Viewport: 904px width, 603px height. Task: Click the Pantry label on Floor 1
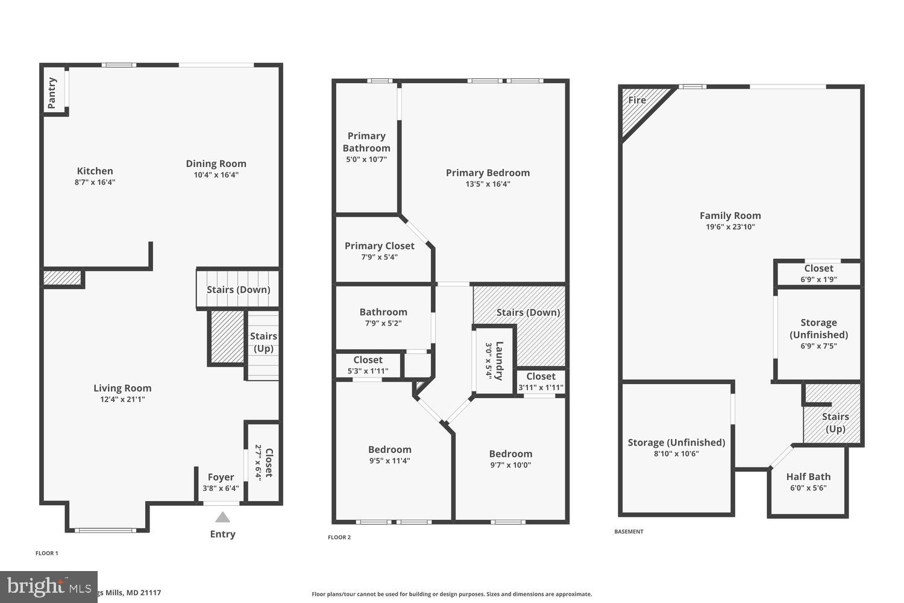[52, 92]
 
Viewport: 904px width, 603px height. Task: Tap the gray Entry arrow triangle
[222, 517]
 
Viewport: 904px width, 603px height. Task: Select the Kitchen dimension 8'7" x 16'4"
[95, 182]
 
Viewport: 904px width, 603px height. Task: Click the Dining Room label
[216, 163]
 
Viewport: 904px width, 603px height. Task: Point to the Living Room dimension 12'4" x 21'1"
[122, 399]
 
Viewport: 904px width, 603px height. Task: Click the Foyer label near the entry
[221, 477]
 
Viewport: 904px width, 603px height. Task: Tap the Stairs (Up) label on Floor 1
[263, 342]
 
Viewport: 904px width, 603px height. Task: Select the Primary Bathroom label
[366, 142]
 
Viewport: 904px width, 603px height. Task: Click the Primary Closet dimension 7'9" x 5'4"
[379, 257]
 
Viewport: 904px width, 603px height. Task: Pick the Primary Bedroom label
[488, 172]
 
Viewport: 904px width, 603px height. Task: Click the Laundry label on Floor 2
[499, 361]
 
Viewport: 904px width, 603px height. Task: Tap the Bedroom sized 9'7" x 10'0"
[510, 459]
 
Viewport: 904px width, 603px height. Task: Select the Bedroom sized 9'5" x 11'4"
[390, 455]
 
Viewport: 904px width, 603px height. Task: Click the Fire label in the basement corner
[637, 100]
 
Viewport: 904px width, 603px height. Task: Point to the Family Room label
[730, 215]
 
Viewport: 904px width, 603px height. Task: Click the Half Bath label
[808, 476]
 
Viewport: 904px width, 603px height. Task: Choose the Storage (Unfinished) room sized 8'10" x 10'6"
[676, 447]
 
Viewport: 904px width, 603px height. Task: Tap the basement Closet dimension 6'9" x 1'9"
[818, 280]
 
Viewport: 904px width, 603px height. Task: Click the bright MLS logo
[48, 586]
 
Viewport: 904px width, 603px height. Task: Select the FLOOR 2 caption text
[339, 537]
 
